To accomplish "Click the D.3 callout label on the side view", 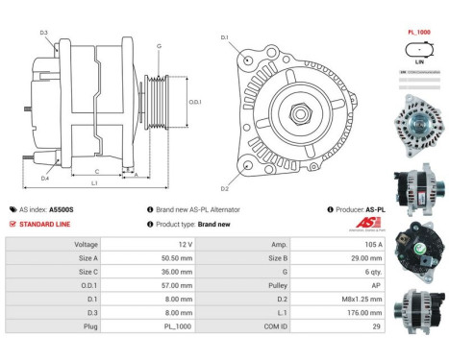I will [x=44, y=33].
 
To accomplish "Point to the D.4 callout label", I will [x=44, y=179].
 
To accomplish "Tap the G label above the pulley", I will [x=159, y=46].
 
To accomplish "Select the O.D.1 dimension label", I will [x=195, y=101].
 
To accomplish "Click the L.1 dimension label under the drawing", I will [x=94, y=183].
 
